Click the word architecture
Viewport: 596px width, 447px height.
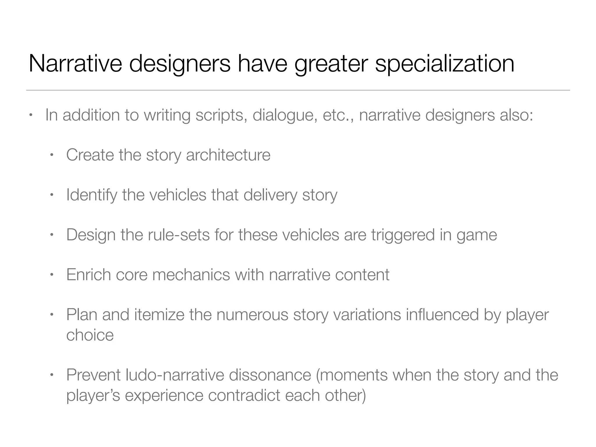228,155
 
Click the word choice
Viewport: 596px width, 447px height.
90,335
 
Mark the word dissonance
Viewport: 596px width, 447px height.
270,375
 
